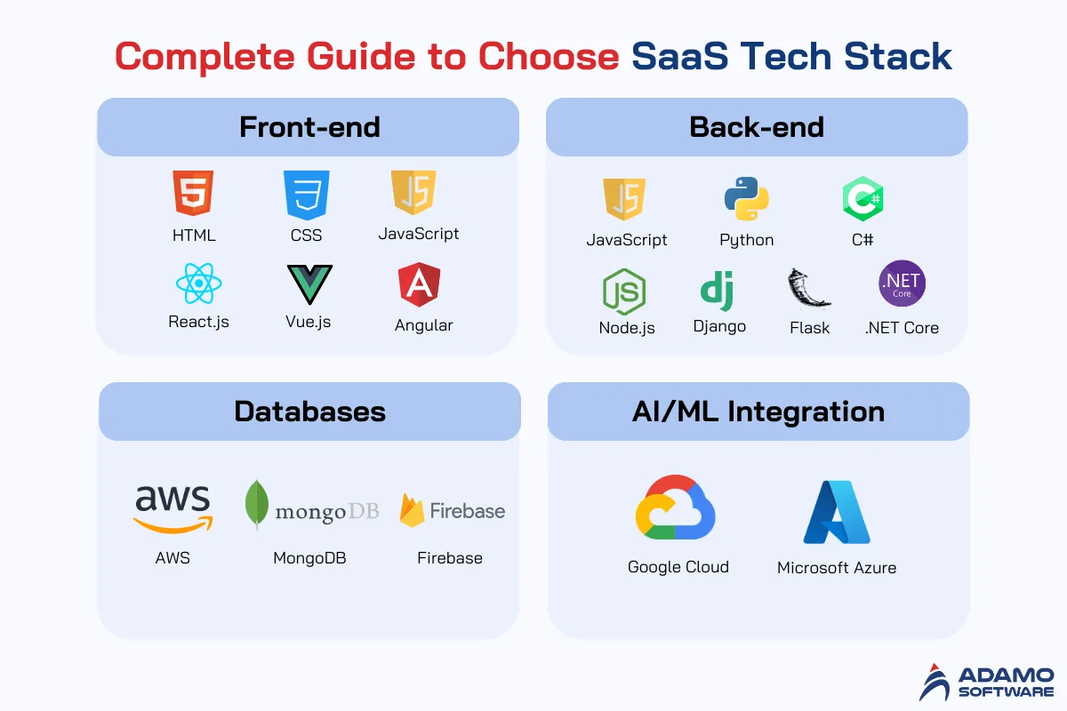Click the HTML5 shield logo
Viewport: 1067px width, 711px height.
[193, 193]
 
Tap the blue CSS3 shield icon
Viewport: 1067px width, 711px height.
[306, 195]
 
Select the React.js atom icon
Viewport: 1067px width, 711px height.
[198, 284]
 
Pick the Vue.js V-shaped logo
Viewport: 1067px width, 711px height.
[309, 284]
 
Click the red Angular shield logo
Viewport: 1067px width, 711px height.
[419, 284]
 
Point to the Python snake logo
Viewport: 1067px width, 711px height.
[746, 198]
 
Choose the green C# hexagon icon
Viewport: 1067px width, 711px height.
[862, 198]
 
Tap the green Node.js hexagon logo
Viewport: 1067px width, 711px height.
[624, 292]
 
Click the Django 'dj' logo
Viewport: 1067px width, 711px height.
[717, 291]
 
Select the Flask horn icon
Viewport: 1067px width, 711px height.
[808, 288]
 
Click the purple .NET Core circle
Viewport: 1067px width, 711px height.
[902, 284]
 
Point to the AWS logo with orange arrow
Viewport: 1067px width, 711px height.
[172, 508]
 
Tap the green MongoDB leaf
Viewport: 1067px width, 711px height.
[256, 504]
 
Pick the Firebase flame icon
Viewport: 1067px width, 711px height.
[412, 510]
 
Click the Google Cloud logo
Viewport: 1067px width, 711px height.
[675, 507]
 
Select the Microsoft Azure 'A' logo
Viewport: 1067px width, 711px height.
[837, 512]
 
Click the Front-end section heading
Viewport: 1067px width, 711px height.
[309, 127]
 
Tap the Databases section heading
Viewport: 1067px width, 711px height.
[309, 411]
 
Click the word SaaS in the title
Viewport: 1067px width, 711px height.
[679, 56]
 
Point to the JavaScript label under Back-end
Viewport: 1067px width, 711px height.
[626, 240]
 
